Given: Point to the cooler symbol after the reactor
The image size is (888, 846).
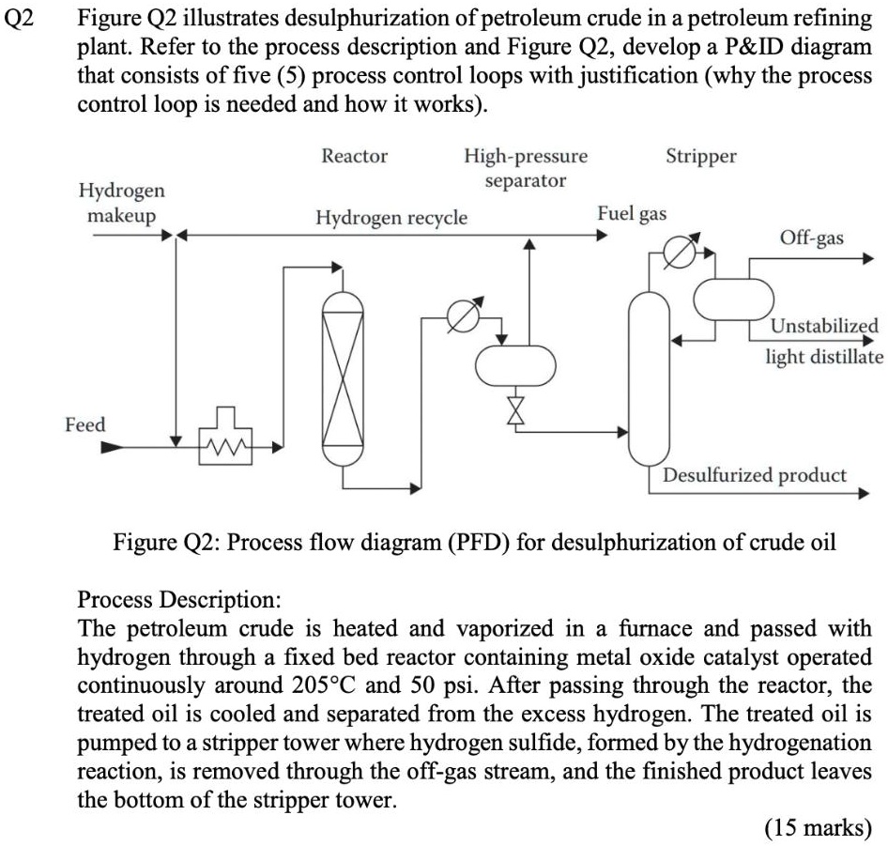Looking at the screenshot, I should [460, 317].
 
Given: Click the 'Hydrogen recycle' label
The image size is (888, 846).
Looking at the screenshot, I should [390, 218].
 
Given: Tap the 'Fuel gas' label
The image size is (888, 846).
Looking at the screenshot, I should [632, 213].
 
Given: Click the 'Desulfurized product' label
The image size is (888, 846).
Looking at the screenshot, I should [754, 474].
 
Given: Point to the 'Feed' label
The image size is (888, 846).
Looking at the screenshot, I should [84, 425].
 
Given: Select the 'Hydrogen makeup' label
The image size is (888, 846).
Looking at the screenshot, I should [120, 203].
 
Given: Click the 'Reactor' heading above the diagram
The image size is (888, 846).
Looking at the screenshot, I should [354, 156].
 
